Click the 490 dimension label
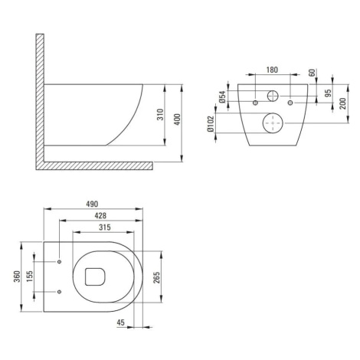pos(92,204)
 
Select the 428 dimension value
pos(100,216)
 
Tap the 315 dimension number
pos(105,227)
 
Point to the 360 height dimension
pos(17,277)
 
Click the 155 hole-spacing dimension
pos(30,277)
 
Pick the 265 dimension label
pos(156,277)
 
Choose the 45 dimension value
pos(120,322)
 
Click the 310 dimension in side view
pos(160,115)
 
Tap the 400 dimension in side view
pos(178,119)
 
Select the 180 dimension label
pos(272,70)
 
